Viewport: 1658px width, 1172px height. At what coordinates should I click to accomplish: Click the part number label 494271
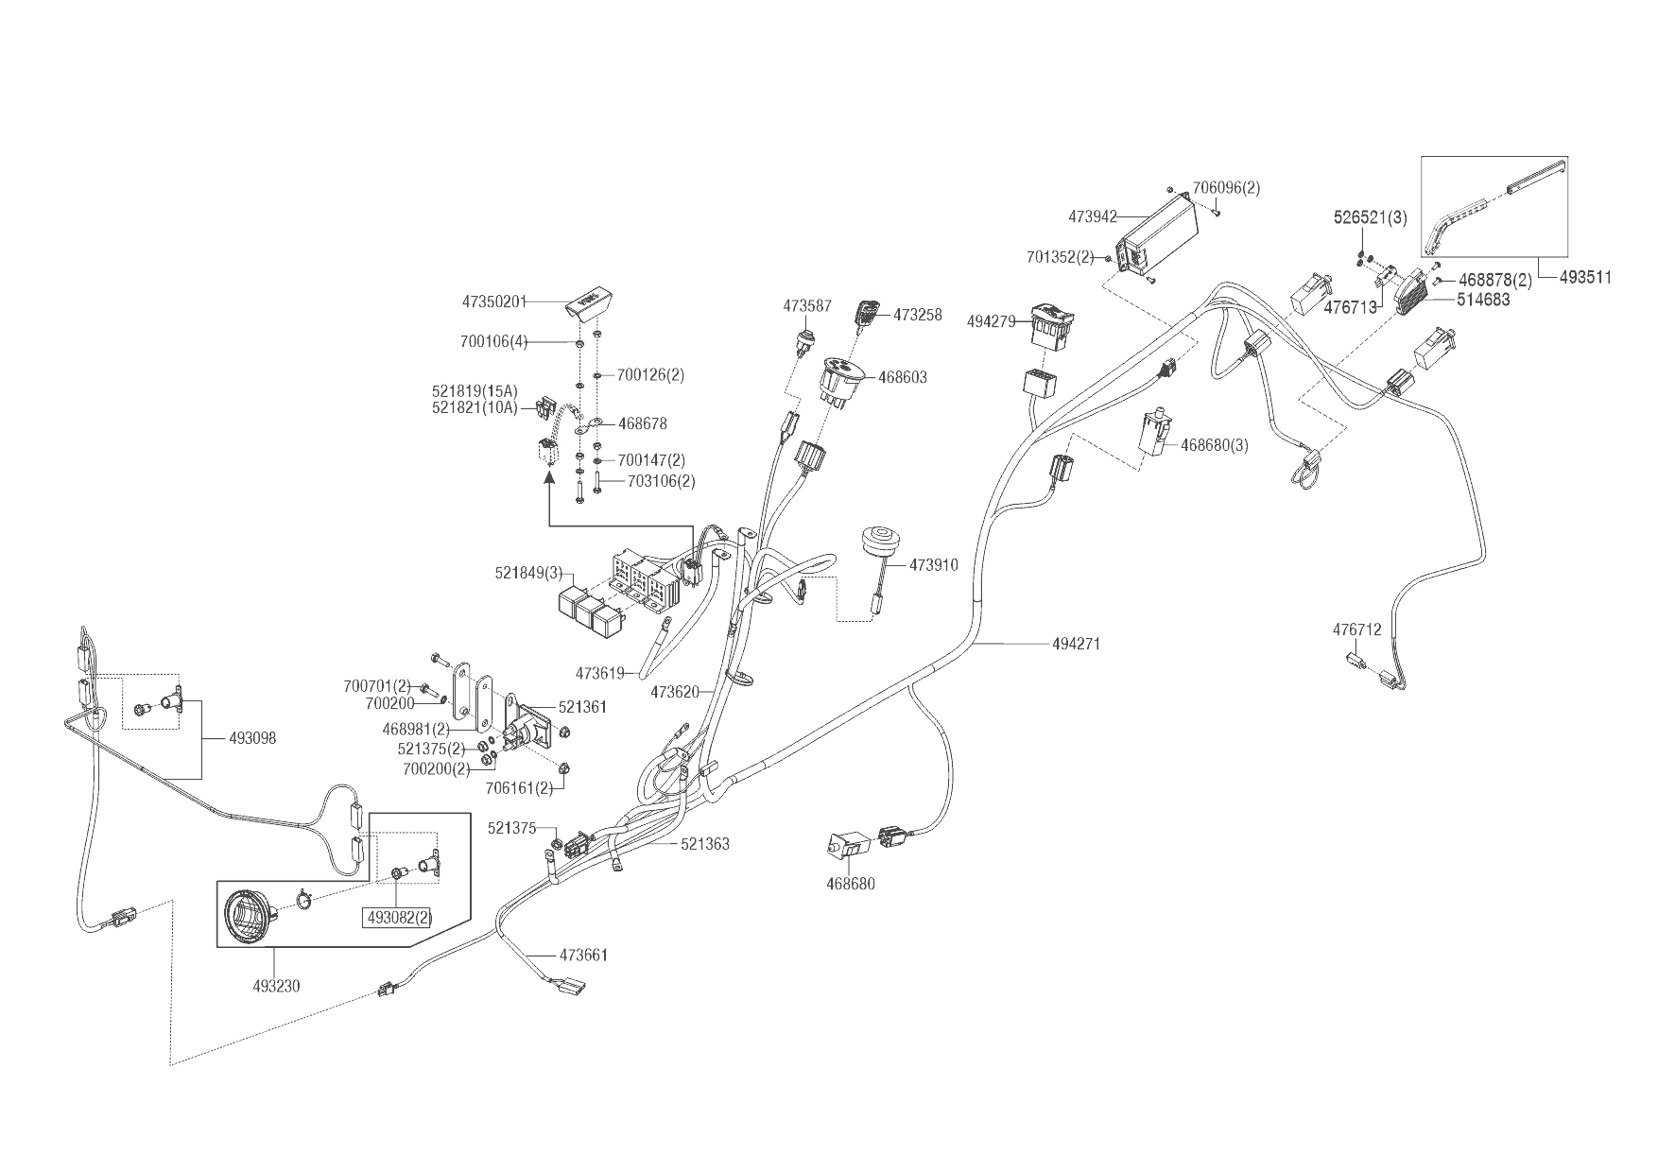click(1076, 644)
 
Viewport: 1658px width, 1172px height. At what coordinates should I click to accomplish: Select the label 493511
click(1585, 277)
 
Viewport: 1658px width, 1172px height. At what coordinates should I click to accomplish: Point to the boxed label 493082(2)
click(391, 916)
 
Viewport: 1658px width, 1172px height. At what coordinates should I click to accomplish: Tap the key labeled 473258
click(867, 313)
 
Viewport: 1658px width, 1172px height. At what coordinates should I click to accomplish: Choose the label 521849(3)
click(528, 573)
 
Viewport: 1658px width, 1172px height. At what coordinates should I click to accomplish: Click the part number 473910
click(934, 565)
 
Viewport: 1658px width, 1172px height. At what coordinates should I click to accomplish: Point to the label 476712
click(1357, 629)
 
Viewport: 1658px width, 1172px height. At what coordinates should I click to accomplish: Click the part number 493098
click(252, 738)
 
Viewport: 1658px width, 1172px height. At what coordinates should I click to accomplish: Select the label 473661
click(583, 955)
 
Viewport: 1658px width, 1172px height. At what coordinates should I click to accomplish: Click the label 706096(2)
click(1226, 188)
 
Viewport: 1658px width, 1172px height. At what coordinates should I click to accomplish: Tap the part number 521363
click(705, 844)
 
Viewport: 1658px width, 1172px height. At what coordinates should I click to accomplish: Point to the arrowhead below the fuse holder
click(548, 479)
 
